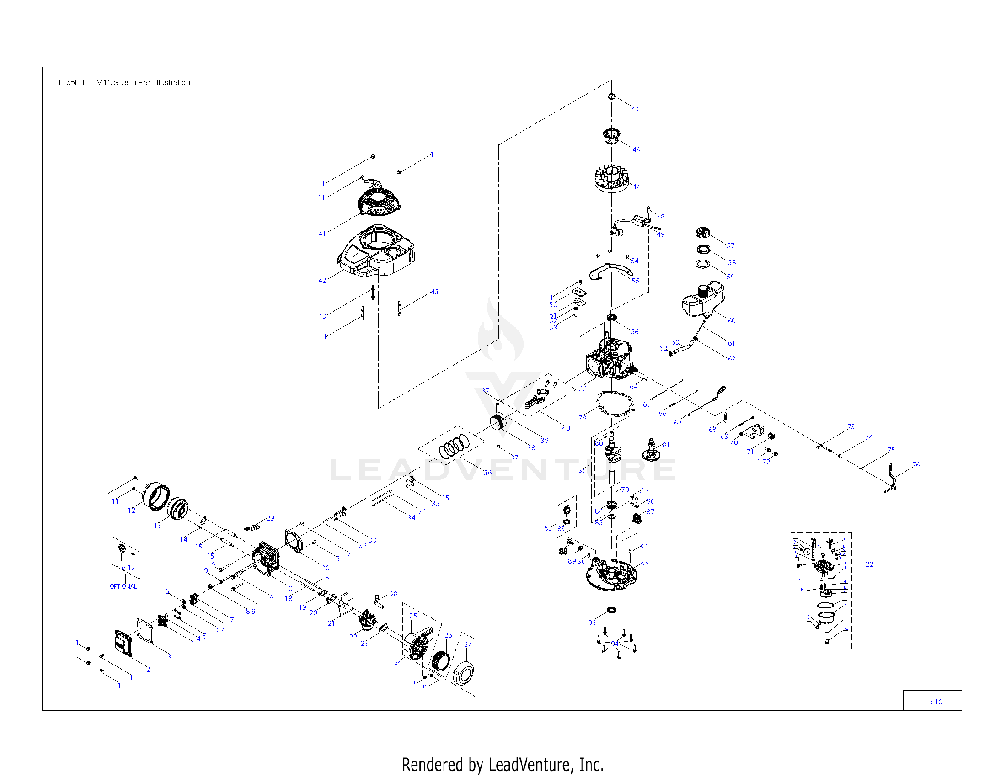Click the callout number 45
(636, 108)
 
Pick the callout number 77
(582, 388)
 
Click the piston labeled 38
(498, 422)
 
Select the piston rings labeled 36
(453, 447)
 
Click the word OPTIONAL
(123, 586)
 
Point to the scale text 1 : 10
(933, 702)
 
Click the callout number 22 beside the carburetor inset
(869, 564)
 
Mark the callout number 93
(592, 623)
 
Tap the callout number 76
(916, 464)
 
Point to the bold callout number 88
(563, 552)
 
